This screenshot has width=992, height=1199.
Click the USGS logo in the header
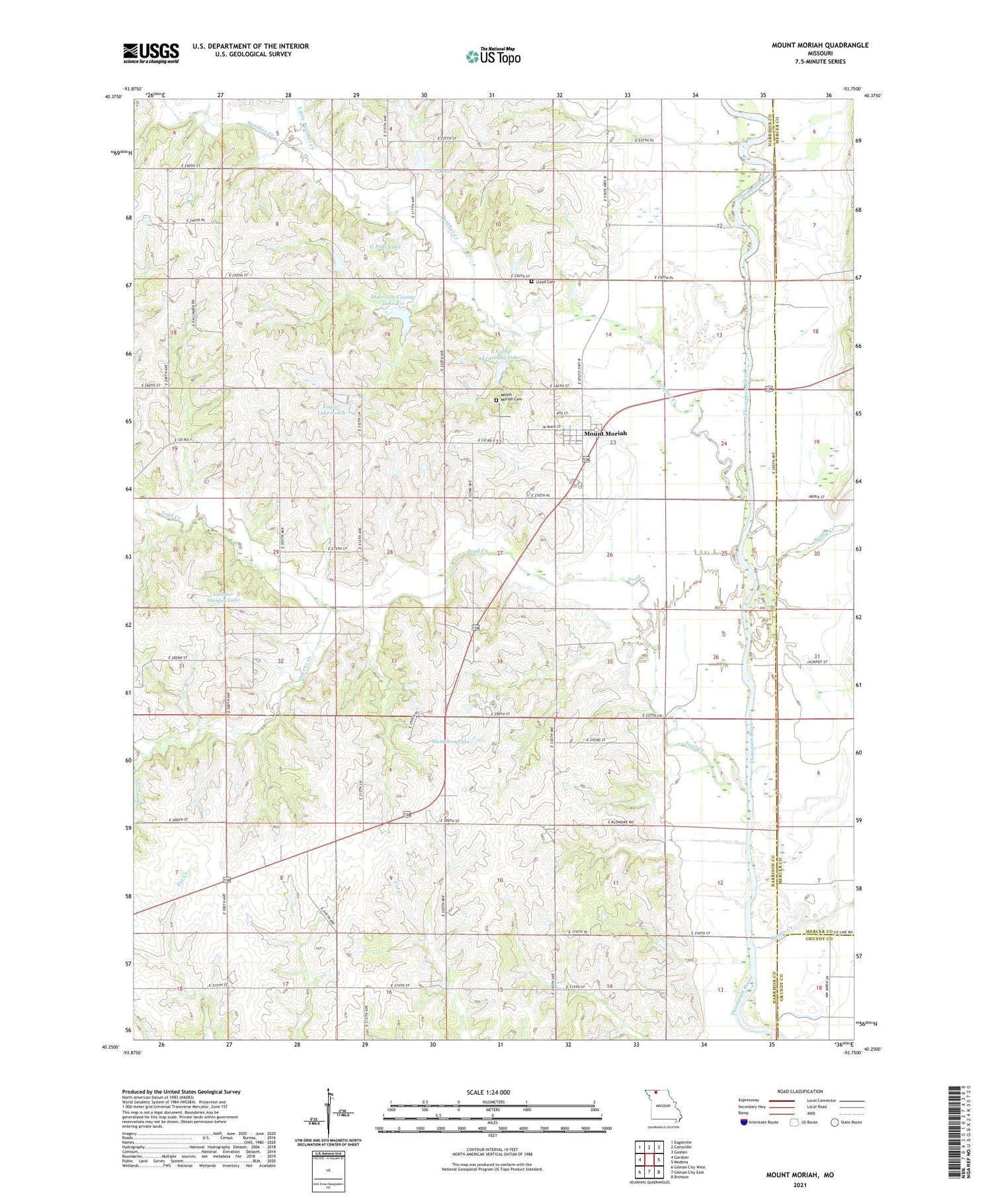[x=151, y=53]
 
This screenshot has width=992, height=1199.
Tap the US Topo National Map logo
[x=493, y=56]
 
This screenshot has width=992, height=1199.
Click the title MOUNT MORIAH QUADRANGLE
[x=819, y=45]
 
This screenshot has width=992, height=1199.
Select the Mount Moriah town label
[x=605, y=434]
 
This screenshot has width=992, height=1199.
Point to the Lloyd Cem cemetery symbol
[x=531, y=282]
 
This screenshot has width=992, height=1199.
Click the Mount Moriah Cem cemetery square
[x=497, y=399]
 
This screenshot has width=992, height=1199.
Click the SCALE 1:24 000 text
[x=493, y=1092]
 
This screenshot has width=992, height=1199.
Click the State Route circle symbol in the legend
[x=835, y=1122]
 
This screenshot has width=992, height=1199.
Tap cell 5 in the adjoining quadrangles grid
[x=659, y=1160]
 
